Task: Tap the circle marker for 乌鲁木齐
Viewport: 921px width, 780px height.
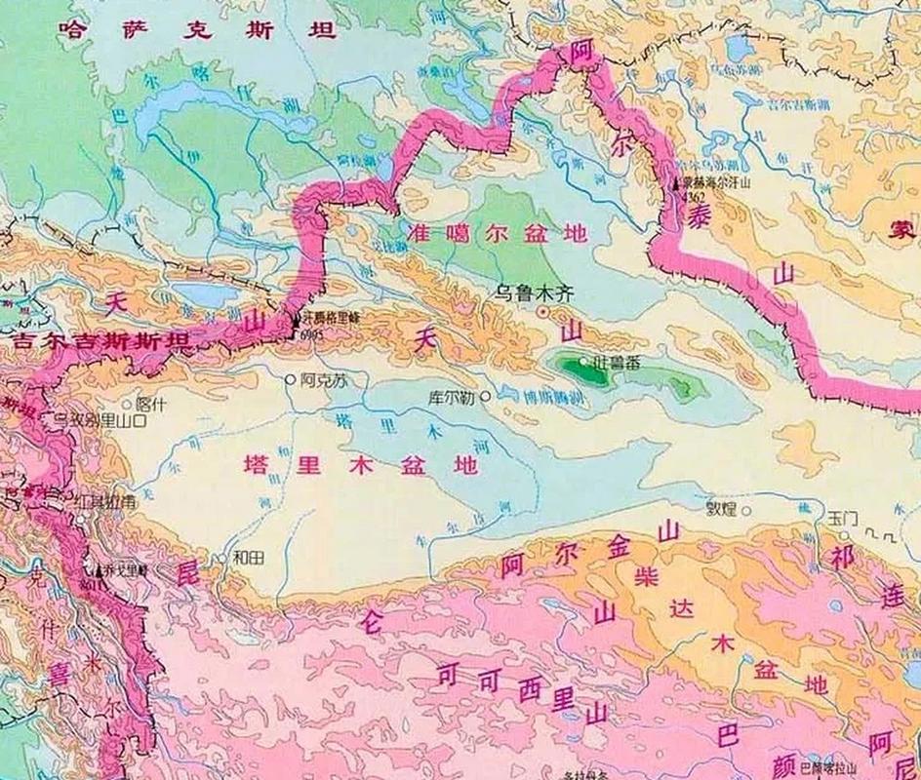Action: tap(543, 311)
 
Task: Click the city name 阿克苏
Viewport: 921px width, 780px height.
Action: tap(326, 380)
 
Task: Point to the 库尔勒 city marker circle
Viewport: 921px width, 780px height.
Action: tap(485, 397)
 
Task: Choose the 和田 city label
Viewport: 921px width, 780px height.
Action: tap(248, 558)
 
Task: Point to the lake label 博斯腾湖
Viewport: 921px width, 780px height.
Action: tap(529, 396)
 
